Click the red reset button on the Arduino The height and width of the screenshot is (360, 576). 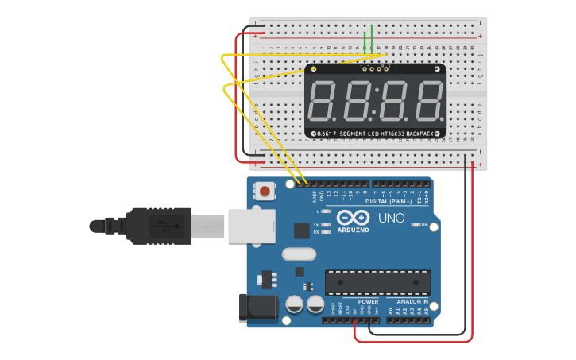265,191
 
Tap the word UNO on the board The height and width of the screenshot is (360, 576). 391,218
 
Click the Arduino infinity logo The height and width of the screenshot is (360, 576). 353,218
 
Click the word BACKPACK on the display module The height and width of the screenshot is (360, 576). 418,134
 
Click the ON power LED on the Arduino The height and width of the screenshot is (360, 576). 416,225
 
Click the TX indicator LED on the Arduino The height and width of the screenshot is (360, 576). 325,225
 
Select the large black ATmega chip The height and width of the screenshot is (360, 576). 377,282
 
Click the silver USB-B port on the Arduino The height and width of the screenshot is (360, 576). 251,226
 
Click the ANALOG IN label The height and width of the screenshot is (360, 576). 408,302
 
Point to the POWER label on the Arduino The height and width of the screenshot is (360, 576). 368,302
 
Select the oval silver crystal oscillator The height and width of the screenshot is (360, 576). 299,254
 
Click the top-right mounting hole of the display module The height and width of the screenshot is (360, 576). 437,71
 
